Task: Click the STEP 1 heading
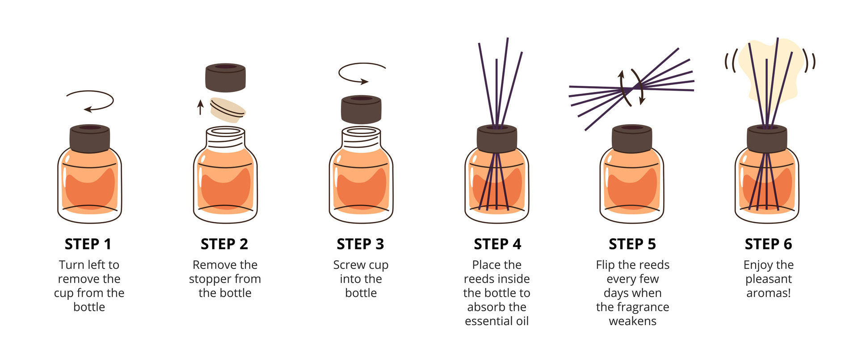pyautogui.click(x=88, y=244)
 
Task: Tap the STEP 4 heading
pyautogui.click(x=497, y=244)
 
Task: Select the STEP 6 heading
pyautogui.click(x=768, y=244)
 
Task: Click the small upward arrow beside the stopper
pyautogui.click(x=201, y=107)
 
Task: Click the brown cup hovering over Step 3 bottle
pyautogui.click(x=361, y=109)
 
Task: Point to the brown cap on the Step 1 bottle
pyautogui.click(x=90, y=138)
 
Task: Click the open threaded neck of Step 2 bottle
pyautogui.click(x=226, y=138)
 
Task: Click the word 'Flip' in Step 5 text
pyautogui.click(x=605, y=265)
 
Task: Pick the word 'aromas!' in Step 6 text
pyautogui.click(x=768, y=293)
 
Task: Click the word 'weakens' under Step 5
pyautogui.click(x=632, y=321)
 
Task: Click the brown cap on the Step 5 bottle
pyautogui.click(x=632, y=138)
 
